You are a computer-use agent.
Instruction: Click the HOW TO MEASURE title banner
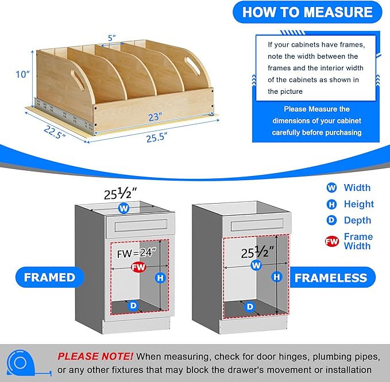coord(307,12)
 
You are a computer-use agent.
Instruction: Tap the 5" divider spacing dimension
coord(111,38)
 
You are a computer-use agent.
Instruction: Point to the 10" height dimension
coord(22,74)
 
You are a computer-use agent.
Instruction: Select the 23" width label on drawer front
coord(155,117)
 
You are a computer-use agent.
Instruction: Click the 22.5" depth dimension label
coord(55,132)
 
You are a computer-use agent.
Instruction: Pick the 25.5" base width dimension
coord(157,137)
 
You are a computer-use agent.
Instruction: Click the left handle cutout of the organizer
coord(78,79)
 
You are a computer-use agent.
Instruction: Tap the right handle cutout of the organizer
coord(192,65)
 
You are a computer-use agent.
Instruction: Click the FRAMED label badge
coord(50,277)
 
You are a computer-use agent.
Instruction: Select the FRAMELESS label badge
coord(331,278)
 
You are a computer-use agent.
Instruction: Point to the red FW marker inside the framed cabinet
coord(138,267)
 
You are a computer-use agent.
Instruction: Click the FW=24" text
coord(137,253)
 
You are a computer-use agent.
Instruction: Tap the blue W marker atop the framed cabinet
coord(124,208)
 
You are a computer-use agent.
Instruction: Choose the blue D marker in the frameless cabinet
coord(250,307)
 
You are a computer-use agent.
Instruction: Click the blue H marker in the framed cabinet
coord(160,278)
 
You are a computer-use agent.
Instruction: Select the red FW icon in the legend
coord(331,241)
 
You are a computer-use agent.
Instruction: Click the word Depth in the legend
coord(357,220)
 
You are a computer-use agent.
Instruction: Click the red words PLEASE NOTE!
coord(95,356)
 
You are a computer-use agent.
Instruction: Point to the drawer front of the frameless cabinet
coord(257,225)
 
